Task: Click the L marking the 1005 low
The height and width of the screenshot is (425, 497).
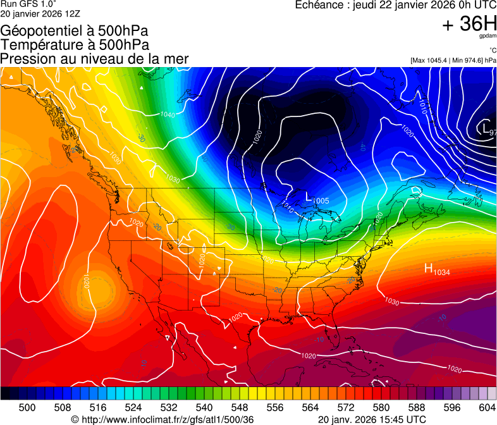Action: (x=309, y=197)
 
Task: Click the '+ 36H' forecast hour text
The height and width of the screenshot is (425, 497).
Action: (x=469, y=24)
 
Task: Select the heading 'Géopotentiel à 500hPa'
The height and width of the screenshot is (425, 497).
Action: (x=75, y=31)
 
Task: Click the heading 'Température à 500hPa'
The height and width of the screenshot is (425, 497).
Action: (x=75, y=45)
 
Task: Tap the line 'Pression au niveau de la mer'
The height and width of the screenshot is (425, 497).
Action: (x=94, y=59)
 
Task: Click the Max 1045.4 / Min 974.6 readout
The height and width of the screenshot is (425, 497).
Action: (x=453, y=61)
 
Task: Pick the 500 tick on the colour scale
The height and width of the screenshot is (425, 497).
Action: (x=27, y=407)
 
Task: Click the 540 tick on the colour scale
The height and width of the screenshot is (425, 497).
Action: (x=204, y=407)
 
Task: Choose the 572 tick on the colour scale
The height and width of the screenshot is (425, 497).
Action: (x=346, y=407)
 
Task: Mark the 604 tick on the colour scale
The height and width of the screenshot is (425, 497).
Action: (x=488, y=407)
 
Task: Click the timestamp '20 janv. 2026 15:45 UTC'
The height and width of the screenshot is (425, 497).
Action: (x=371, y=419)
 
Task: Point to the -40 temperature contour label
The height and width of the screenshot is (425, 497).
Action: (x=362, y=147)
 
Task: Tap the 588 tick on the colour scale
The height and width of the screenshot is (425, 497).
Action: (x=417, y=407)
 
